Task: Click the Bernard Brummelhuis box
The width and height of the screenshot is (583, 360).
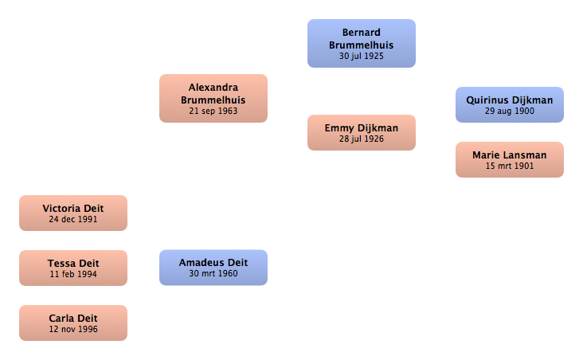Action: (362, 44)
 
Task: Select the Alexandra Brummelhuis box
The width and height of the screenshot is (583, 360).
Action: (213, 98)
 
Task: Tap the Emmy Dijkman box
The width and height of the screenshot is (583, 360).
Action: (362, 133)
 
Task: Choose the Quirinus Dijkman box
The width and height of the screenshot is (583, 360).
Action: (510, 105)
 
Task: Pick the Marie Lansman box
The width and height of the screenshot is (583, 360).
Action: (510, 159)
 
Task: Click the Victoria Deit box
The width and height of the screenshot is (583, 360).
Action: (73, 213)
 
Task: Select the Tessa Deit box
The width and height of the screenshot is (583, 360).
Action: (73, 268)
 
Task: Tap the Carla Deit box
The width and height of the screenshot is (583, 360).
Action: (73, 323)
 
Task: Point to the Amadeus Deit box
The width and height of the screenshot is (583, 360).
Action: (213, 268)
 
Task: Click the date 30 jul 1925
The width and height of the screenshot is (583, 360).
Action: (362, 57)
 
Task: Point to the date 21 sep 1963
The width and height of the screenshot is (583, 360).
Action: (213, 112)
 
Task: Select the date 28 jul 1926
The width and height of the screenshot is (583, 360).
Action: (362, 139)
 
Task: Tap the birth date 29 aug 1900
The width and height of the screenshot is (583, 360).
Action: (510, 112)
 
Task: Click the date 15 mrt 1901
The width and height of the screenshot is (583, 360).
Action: (510, 166)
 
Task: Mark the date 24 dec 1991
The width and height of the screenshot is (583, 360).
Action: (73, 219)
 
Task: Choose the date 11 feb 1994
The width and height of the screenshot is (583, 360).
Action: (73, 274)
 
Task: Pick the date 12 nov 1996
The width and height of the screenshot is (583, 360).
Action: (73, 329)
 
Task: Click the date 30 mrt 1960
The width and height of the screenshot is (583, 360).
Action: (213, 273)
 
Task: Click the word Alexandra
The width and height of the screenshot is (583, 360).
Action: (213, 88)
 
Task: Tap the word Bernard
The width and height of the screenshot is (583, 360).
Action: (362, 33)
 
